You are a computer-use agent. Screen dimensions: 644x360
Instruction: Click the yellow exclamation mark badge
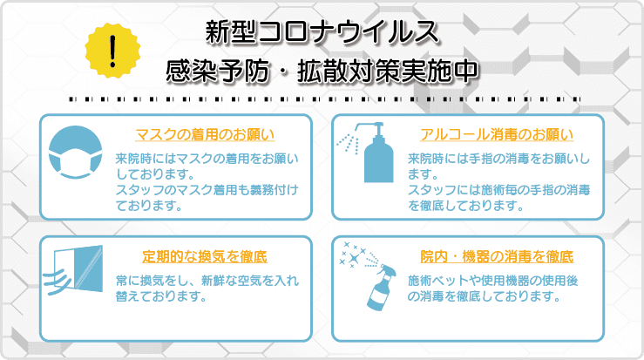112,51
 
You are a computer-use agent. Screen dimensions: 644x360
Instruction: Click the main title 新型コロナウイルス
322,32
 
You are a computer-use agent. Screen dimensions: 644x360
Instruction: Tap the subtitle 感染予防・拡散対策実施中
322,71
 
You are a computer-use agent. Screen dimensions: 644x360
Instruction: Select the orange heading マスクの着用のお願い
205,134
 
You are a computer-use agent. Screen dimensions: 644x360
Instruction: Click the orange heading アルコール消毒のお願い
497,134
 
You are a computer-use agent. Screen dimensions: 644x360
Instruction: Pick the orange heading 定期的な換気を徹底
205,256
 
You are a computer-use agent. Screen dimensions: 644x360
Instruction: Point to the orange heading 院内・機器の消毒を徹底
497,256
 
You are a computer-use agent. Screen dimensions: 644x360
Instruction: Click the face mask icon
75,152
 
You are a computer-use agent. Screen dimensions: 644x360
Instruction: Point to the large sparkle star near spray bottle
353,259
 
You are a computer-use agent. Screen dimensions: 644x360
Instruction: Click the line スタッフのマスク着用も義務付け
207,190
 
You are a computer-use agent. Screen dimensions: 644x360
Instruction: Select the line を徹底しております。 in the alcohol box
465,205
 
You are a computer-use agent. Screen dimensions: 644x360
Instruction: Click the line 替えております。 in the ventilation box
161,295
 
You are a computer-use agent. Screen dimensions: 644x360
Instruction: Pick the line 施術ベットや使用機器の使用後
493,281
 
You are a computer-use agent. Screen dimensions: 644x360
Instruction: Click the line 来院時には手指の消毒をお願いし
498,159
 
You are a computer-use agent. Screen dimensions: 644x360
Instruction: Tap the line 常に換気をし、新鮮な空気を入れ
207,281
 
